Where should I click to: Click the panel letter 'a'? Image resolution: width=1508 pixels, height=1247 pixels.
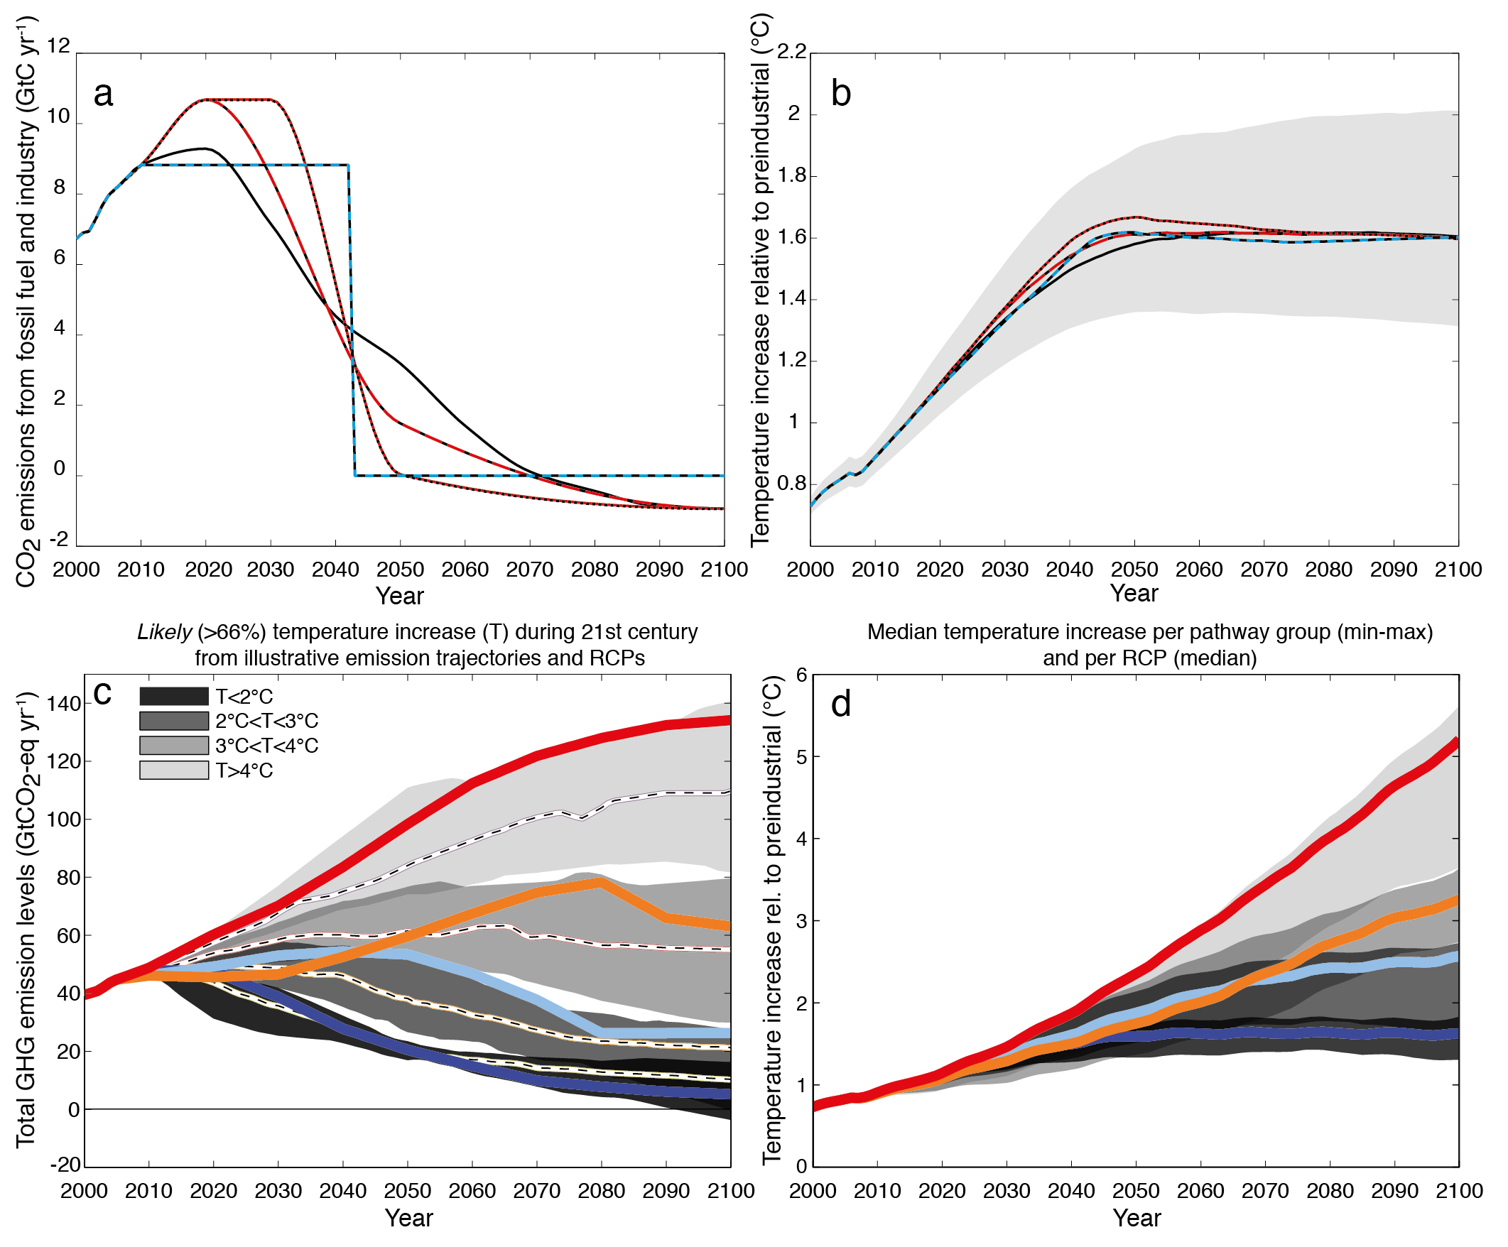pos(104,94)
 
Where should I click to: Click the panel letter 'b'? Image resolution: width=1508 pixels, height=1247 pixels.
pos(840,94)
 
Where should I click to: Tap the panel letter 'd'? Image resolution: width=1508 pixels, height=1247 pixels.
pos(840,704)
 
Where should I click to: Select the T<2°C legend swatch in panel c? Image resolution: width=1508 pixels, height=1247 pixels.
pos(174,697)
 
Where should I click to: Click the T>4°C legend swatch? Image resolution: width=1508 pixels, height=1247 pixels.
pos(174,770)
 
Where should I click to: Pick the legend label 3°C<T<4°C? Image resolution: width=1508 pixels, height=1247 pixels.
pos(266,746)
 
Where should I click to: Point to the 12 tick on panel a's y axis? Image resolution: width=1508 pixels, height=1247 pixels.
pos(59,46)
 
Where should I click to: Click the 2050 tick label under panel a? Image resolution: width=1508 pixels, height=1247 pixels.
pos(400,570)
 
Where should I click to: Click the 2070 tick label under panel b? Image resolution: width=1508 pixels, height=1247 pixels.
pos(1264,570)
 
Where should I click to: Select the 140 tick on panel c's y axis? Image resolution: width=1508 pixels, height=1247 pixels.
pos(64,704)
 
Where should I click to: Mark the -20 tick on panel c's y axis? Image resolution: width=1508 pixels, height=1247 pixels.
pos(65,1165)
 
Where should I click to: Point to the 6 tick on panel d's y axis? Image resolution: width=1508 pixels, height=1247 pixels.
pos(801,675)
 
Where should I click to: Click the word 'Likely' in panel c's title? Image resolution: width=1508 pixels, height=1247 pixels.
pos(165,632)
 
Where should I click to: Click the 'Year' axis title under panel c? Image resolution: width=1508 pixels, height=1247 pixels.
pos(408,1218)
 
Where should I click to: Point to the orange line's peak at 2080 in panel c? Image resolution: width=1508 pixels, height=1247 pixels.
pos(600,883)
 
